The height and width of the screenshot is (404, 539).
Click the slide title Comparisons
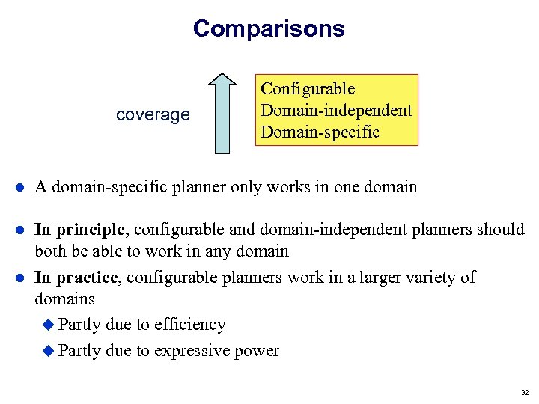pyautogui.click(x=269, y=28)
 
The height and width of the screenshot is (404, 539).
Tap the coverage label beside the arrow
pyautogui.click(x=153, y=115)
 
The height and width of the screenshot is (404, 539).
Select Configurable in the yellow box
pyautogui.click(x=308, y=89)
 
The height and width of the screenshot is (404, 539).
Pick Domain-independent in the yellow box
pyautogui.click(x=335, y=111)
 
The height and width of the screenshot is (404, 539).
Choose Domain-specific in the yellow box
pyautogui.click(x=320, y=132)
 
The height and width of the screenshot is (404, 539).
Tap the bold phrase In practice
pyautogui.click(x=76, y=278)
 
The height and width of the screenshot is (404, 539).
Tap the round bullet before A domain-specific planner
pyautogui.click(x=18, y=188)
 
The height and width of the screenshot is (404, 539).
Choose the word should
pyautogui.click(x=504, y=230)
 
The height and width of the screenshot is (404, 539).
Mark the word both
pyautogui.click(x=51, y=251)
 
